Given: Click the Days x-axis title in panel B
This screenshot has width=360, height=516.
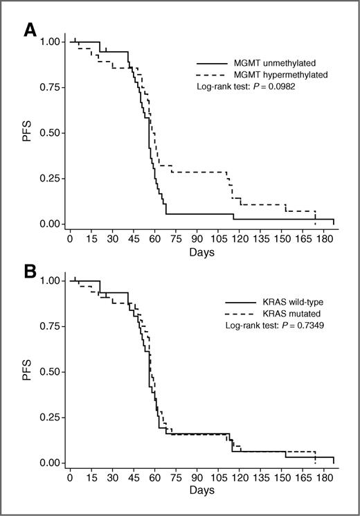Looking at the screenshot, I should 200,492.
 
